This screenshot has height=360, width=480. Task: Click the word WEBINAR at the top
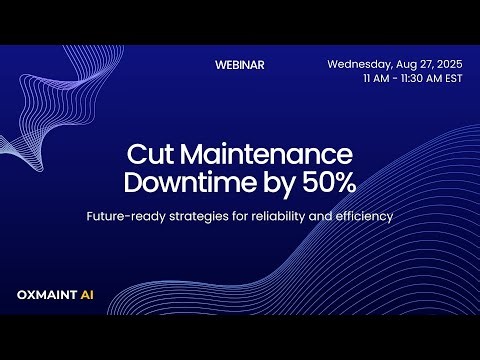click(x=240, y=64)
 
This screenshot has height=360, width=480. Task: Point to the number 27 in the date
click(x=421, y=64)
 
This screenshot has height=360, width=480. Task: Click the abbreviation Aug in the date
click(x=403, y=64)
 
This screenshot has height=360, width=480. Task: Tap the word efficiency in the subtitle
click(x=364, y=215)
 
